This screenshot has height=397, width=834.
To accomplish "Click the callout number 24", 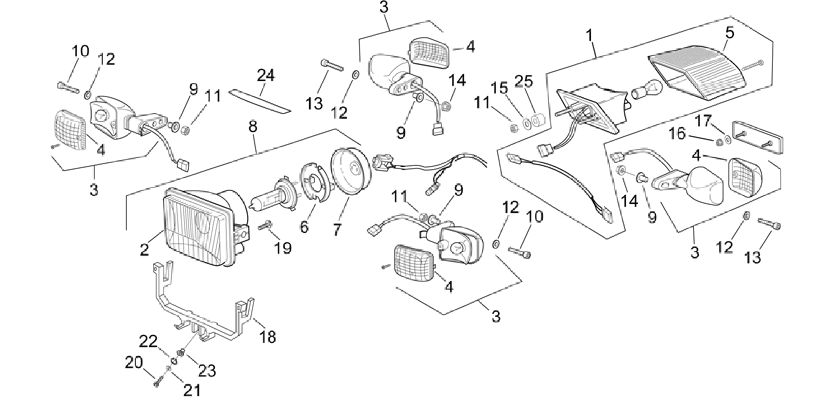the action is [266, 76].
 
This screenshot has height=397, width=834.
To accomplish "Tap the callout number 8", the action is [253, 127].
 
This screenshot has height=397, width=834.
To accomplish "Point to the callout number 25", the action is [524, 81].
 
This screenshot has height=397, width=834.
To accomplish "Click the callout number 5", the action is [730, 33].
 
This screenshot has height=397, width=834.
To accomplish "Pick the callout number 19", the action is [283, 247].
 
